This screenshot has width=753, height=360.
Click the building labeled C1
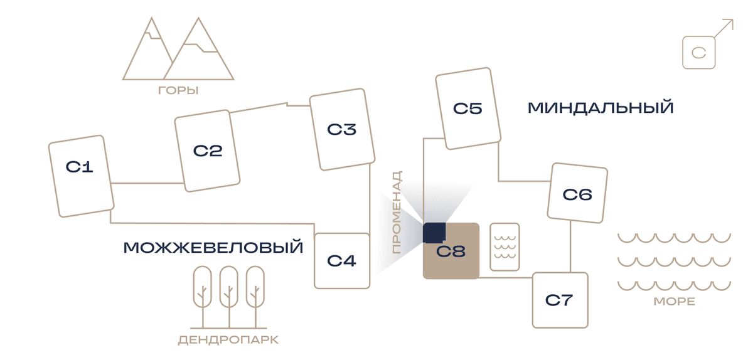[82, 176]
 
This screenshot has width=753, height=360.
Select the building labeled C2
[207, 151]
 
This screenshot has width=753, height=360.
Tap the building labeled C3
[342, 129]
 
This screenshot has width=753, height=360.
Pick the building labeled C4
[342, 261]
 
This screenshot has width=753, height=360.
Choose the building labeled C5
[468, 109]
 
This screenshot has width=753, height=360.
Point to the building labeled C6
[577, 193]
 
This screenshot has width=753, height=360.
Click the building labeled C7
[560, 300]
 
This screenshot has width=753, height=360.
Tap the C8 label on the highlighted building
[451, 251]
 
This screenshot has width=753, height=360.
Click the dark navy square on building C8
[434, 233]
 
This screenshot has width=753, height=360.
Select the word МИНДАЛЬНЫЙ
[601, 108]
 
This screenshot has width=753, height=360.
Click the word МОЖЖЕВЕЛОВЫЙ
[213, 248]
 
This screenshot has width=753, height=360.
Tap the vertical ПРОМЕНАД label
[397, 213]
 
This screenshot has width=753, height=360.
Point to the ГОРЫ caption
[178, 90]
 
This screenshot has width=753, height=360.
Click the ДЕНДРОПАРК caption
[228, 340]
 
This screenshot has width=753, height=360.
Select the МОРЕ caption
[675, 302]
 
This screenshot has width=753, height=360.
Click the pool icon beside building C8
[505, 246]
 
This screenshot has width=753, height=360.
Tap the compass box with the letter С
[699, 53]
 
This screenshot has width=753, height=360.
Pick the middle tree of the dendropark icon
[229, 297]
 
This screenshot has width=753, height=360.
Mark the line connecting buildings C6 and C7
[570, 246]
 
